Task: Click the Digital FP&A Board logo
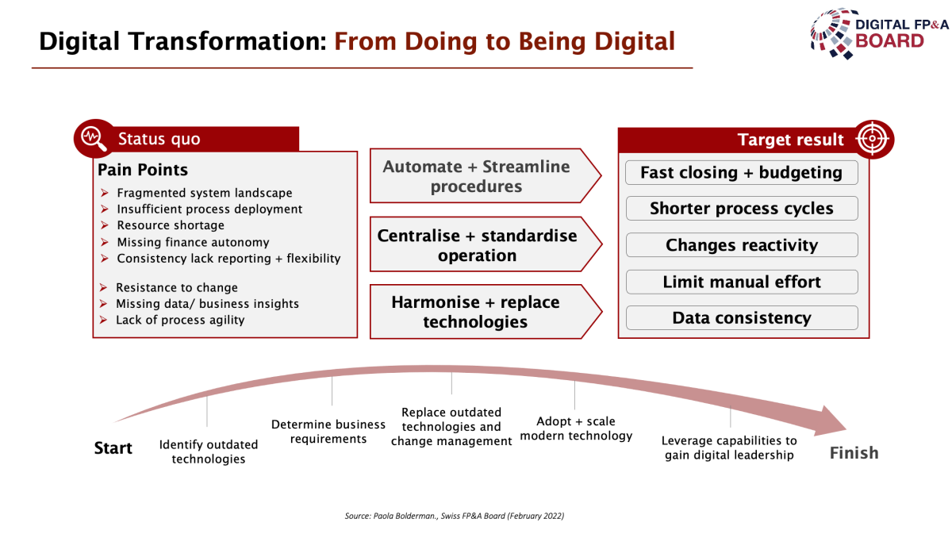tap(879, 34)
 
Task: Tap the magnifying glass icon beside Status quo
tap(94, 139)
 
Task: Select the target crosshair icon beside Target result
tap(873, 139)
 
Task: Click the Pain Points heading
tap(143, 170)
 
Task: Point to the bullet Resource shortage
tap(171, 225)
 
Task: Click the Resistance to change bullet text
tap(177, 287)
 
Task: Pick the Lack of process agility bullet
tap(180, 320)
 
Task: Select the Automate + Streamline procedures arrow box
tap(486, 175)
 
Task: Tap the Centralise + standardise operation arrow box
tap(486, 244)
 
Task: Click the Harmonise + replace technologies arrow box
tap(486, 312)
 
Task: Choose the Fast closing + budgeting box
tap(742, 172)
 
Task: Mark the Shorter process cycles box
tap(742, 209)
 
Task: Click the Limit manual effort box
tap(742, 282)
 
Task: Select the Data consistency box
tap(742, 317)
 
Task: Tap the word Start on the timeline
tap(113, 448)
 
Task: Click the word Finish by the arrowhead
tap(854, 453)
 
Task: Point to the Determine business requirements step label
tap(328, 432)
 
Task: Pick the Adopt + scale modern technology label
tap(576, 428)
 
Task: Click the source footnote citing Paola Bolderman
tap(455, 516)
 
